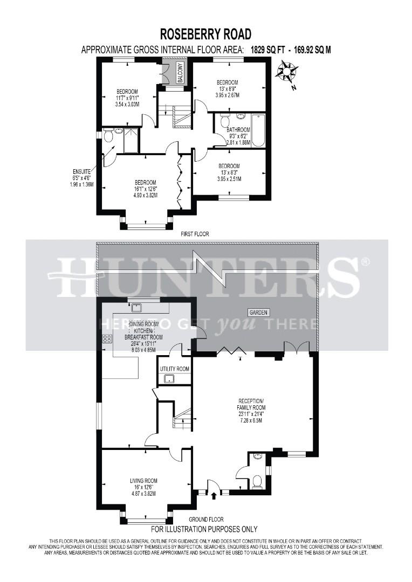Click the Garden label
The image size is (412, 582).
pyautogui.click(x=258, y=313)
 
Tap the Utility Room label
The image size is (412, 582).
pyautogui.click(x=174, y=369)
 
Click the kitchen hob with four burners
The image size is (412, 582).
pyautogui.click(x=107, y=338)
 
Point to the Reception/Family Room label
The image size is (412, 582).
pyautogui.click(x=252, y=404)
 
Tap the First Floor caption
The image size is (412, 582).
pyautogui.click(x=195, y=234)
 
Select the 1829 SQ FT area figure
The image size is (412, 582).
pyautogui.click(x=266, y=50)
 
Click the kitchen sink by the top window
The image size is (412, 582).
pyautogui.click(x=137, y=308)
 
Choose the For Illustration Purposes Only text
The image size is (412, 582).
pyautogui.click(x=204, y=529)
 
